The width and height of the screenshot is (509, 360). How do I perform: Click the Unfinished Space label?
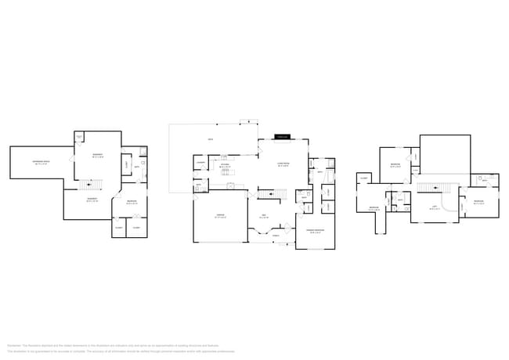pos(41,162)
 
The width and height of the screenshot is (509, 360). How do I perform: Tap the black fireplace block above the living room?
pos(282,138)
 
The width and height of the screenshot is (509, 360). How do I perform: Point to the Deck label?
pos(211,140)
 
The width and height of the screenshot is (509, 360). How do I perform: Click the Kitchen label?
pos(226,166)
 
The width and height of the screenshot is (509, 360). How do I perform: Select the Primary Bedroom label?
pos(315,230)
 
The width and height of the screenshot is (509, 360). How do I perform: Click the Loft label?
pos(434,208)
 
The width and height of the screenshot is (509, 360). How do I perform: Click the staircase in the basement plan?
pos(92,185)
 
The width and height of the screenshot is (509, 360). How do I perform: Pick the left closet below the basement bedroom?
pos(119,228)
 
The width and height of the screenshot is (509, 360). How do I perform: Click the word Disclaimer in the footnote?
pos(13,344)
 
